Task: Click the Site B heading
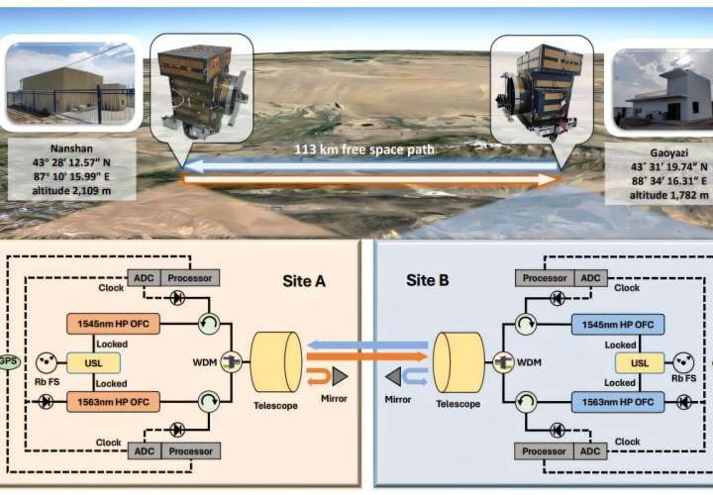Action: click(428, 280)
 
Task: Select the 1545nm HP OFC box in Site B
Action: click(617, 325)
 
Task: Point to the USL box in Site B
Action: click(641, 363)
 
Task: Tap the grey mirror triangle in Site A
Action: click(340, 375)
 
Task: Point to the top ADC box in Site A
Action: click(140, 278)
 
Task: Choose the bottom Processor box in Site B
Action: click(545, 450)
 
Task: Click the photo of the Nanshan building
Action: click(68, 84)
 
